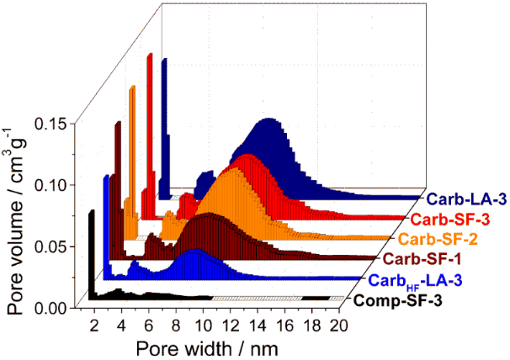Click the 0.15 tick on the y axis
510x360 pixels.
(51, 124)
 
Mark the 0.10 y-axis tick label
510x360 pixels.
(51, 185)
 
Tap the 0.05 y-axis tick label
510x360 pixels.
(51, 246)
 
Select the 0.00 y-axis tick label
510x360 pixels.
(51, 307)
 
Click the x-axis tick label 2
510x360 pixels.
(93, 326)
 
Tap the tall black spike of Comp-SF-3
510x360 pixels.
(90, 252)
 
